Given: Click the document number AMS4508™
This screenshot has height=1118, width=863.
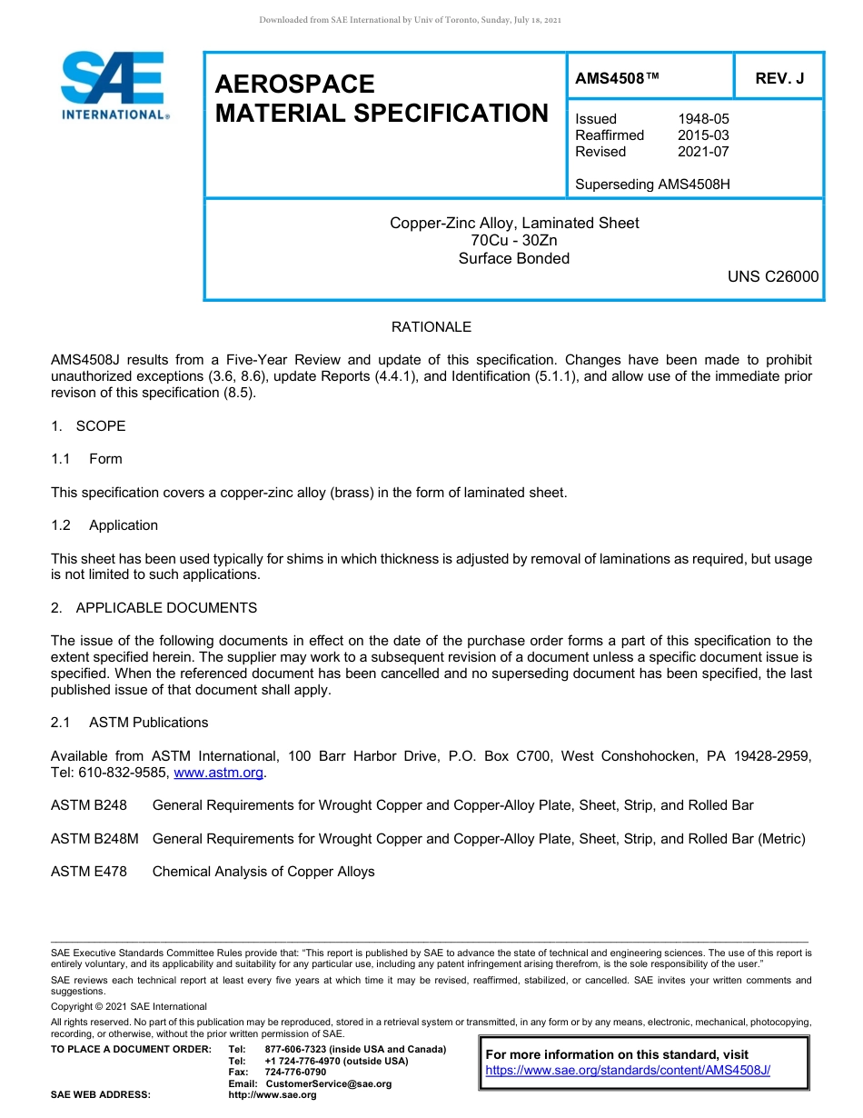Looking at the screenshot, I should click(x=617, y=79).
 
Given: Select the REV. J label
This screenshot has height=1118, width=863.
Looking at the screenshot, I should click(x=779, y=79).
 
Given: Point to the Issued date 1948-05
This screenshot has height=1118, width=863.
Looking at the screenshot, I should click(x=703, y=119).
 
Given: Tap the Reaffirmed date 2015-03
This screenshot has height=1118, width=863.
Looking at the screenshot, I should click(x=703, y=135).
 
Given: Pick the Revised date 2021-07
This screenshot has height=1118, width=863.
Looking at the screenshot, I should click(x=703, y=152).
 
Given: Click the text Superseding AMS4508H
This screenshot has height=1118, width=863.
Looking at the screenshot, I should click(x=652, y=185).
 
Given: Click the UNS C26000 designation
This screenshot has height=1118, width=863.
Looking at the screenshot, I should click(x=772, y=276).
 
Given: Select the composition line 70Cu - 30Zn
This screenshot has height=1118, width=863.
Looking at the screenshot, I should click(x=514, y=241).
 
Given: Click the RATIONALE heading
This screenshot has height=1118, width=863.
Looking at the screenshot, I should click(x=431, y=327).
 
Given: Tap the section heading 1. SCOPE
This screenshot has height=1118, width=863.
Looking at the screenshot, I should click(x=88, y=426).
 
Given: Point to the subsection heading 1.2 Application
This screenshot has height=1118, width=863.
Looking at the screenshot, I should click(x=104, y=525).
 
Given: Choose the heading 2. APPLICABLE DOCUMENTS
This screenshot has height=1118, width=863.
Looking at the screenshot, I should click(x=154, y=608).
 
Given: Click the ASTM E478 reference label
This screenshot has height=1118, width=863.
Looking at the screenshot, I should click(x=89, y=872).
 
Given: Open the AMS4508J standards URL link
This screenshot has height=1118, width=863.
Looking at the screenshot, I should click(x=628, y=1071).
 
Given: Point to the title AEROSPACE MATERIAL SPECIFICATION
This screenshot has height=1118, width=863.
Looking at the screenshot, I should click(x=381, y=98).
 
